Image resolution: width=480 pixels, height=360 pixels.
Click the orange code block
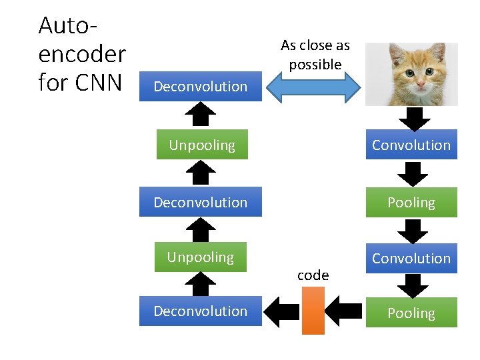click(313, 310)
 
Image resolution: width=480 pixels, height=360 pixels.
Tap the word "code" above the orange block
click(313, 275)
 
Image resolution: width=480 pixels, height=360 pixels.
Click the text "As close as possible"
click(315, 55)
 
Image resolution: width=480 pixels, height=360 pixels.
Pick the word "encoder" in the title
click(82, 54)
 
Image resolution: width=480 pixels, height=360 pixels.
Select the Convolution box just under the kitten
click(411, 145)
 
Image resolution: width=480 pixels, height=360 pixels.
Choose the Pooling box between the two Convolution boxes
click(411, 203)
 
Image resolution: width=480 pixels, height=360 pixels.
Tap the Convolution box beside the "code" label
click(411, 258)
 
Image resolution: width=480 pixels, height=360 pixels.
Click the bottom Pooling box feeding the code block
click(411, 313)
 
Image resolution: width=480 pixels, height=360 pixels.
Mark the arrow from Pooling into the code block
click(345, 311)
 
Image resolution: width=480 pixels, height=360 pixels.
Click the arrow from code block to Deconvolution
click(281, 311)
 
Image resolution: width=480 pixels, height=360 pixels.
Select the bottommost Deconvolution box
click(200, 311)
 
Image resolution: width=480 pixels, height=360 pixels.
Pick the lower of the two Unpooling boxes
click(201, 257)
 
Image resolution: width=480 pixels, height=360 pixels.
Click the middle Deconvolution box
click(200, 203)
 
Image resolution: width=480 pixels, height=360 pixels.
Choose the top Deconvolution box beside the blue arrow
click(200, 87)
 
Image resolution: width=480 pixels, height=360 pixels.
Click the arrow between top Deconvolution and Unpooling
click(200, 115)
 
